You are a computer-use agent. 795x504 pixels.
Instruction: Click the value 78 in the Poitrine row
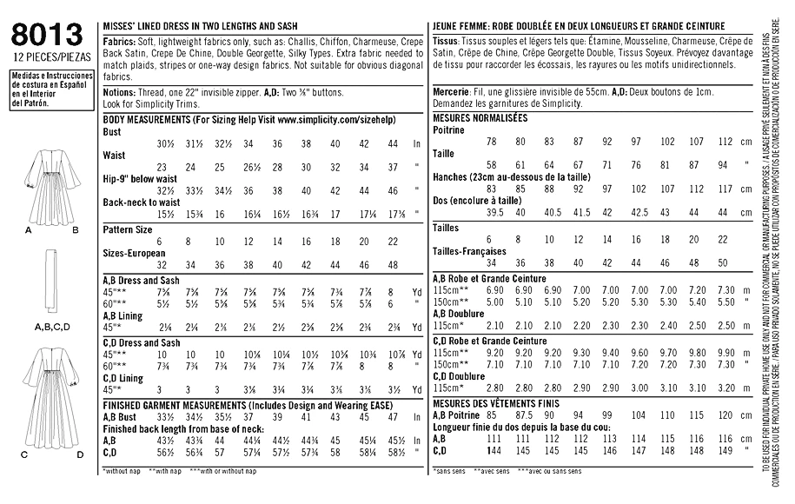click(x=493, y=141)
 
